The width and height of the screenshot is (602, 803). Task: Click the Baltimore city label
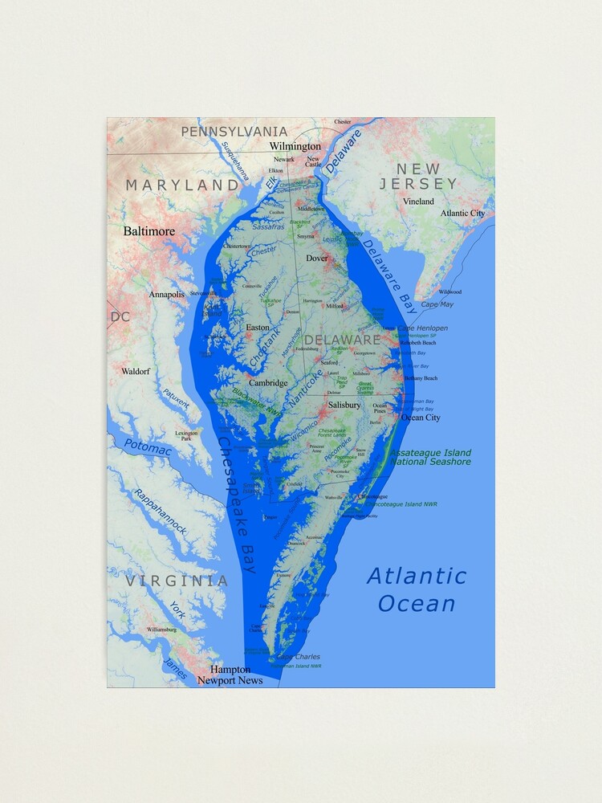click(148, 231)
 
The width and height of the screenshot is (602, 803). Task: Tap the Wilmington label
click(295, 147)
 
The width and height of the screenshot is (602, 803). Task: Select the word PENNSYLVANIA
click(234, 132)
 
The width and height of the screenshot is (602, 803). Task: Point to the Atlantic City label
click(462, 214)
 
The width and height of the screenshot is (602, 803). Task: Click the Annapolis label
click(166, 295)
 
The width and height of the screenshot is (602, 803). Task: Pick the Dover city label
click(317, 259)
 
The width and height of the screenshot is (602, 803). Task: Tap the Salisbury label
click(344, 406)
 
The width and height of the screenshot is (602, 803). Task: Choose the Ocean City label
click(421, 418)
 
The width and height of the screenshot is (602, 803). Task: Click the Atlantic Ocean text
click(417, 589)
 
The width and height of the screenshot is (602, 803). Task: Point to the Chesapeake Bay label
click(236, 504)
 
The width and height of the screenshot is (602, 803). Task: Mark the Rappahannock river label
click(160, 512)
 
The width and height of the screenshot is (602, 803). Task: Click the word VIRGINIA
click(176, 581)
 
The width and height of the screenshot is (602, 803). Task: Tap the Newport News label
click(230, 680)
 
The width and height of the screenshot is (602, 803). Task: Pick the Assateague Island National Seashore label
click(430, 457)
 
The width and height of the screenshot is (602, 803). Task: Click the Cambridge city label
click(267, 383)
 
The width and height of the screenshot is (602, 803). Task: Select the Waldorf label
click(135, 372)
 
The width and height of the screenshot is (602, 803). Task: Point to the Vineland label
click(418, 202)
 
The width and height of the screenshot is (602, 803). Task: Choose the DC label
click(120, 317)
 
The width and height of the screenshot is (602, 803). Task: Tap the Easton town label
click(258, 328)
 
